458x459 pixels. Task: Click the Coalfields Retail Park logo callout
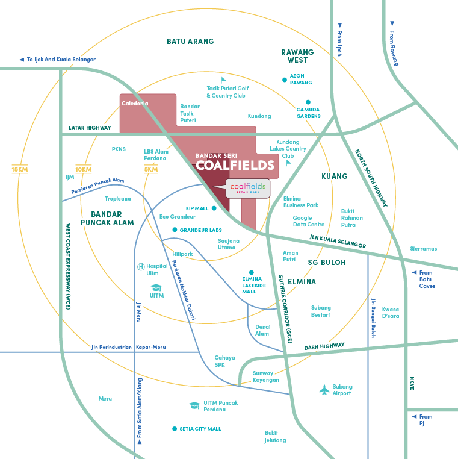(x=247, y=189)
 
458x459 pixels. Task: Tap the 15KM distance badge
(x=20, y=169)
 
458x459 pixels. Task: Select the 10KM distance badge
(x=84, y=169)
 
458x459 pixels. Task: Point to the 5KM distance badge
(x=150, y=169)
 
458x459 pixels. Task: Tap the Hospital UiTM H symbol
(x=141, y=266)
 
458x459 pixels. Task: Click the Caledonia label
(x=135, y=104)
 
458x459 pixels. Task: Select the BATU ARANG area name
(x=190, y=42)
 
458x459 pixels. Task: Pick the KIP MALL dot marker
(x=214, y=208)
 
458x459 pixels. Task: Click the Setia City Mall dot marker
(x=174, y=429)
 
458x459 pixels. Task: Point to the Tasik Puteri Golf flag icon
(x=224, y=80)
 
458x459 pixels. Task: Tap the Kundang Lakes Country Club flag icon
(x=288, y=162)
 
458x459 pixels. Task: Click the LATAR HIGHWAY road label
(x=90, y=128)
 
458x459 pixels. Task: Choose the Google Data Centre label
(x=309, y=221)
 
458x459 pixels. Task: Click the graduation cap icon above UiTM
(x=156, y=287)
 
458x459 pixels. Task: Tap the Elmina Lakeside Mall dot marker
(x=251, y=272)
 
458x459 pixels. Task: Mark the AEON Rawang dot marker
(x=285, y=80)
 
